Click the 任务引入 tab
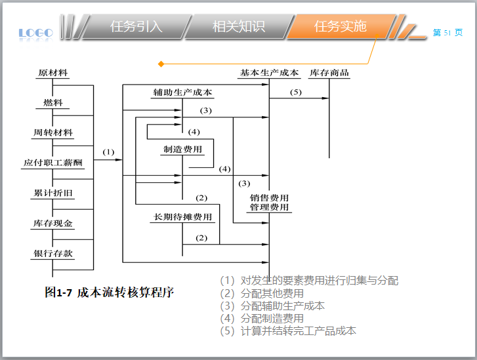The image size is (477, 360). [x=136, y=27]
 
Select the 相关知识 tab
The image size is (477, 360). [x=238, y=27]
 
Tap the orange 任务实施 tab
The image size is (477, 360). [x=340, y=27]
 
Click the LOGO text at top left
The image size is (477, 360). [x=36, y=32]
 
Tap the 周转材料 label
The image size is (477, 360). [x=53, y=132]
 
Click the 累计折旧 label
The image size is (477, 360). [x=53, y=193]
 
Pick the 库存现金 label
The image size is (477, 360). [x=53, y=224]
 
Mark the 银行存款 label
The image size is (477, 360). [x=53, y=254]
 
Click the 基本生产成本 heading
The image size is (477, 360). [x=269, y=73]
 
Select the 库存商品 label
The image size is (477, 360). [x=329, y=73]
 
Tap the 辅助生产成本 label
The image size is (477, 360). [x=182, y=92]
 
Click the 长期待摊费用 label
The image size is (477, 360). [x=183, y=217]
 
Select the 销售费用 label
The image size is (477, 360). [x=269, y=197]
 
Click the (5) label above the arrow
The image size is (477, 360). [x=296, y=92]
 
